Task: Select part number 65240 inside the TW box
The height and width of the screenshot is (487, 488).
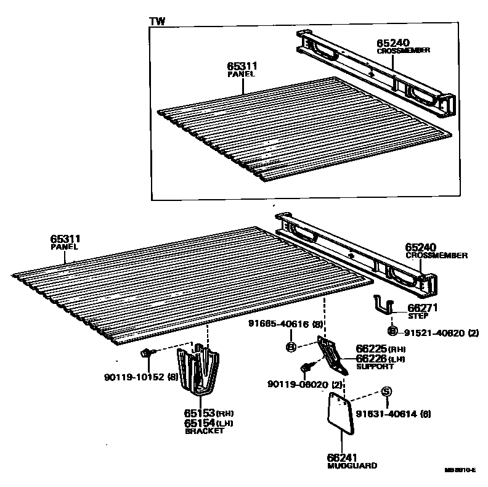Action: pos(393,43)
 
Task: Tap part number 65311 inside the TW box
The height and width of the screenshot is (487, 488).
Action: pos(242,65)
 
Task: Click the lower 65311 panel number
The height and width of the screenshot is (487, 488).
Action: pos(66,239)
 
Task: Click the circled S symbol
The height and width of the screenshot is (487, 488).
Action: pos(386,391)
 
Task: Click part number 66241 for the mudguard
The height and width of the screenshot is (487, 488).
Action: pos(341,458)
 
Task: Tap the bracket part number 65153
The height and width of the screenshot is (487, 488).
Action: pos(200,414)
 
